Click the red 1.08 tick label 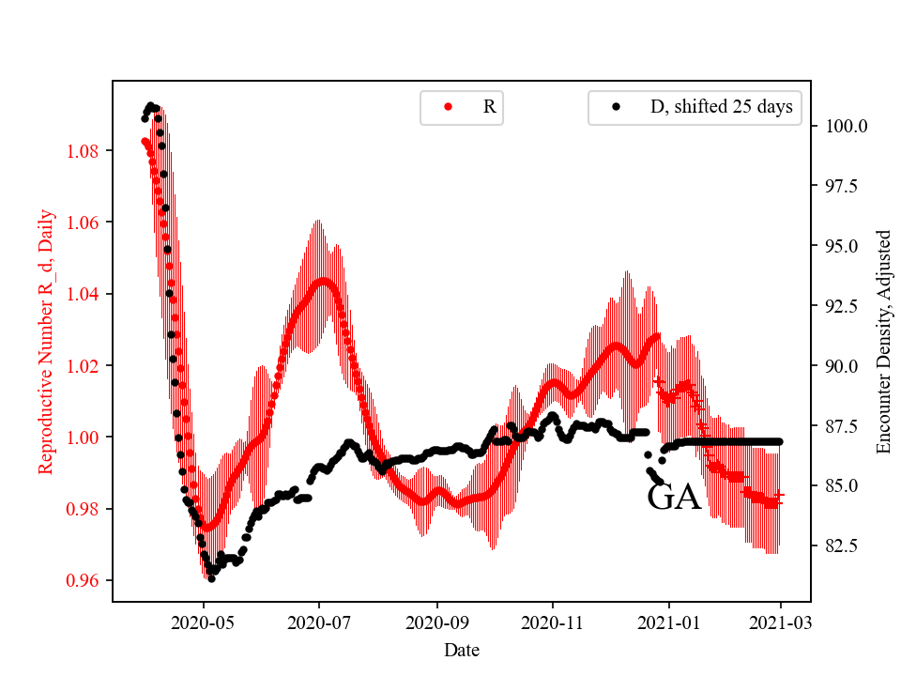click(87, 151)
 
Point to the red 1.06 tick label click(87, 223)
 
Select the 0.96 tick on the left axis click(87, 580)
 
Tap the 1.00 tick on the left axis click(87, 438)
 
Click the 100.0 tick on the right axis click(844, 126)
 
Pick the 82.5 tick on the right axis click(840, 545)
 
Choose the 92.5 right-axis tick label click(840, 306)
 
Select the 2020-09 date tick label click(436, 622)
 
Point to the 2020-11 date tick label click(553, 622)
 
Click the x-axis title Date click(462, 650)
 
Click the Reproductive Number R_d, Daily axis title click(45, 341)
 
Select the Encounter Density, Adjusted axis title click(883, 341)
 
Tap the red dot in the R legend click(448, 107)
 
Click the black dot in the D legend click(616, 107)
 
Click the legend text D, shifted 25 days click(721, 107)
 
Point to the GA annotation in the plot click(674, 498)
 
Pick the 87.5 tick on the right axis click(840, 425)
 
